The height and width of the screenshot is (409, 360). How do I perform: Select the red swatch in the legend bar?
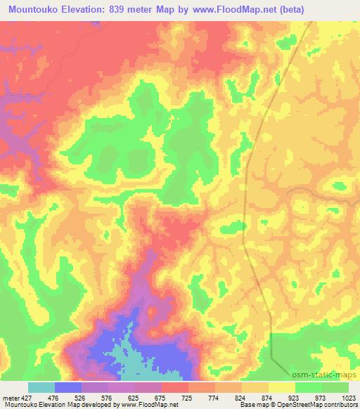click(174, 387)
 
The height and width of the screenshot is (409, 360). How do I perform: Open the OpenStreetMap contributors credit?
click(322, 405)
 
